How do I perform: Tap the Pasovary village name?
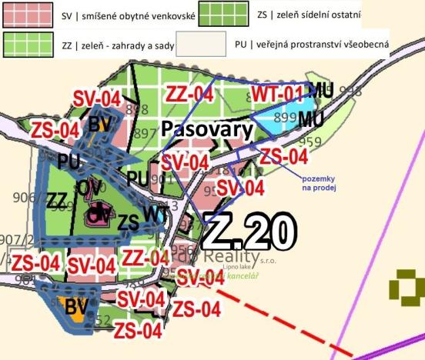(207, 128)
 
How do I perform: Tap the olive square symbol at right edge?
(406, 287)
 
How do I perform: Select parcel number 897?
(143, 133)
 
